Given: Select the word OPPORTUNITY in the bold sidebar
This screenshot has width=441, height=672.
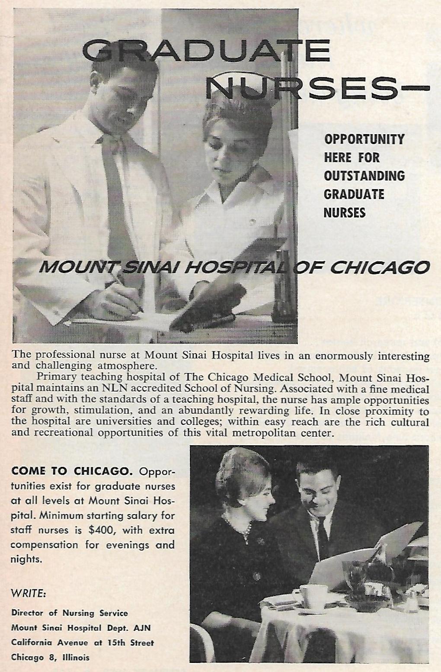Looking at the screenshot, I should coord(364,139).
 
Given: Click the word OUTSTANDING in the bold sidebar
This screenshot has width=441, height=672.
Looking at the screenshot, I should coord(364,176).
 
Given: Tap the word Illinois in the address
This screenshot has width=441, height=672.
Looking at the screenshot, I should coord(76,657).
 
